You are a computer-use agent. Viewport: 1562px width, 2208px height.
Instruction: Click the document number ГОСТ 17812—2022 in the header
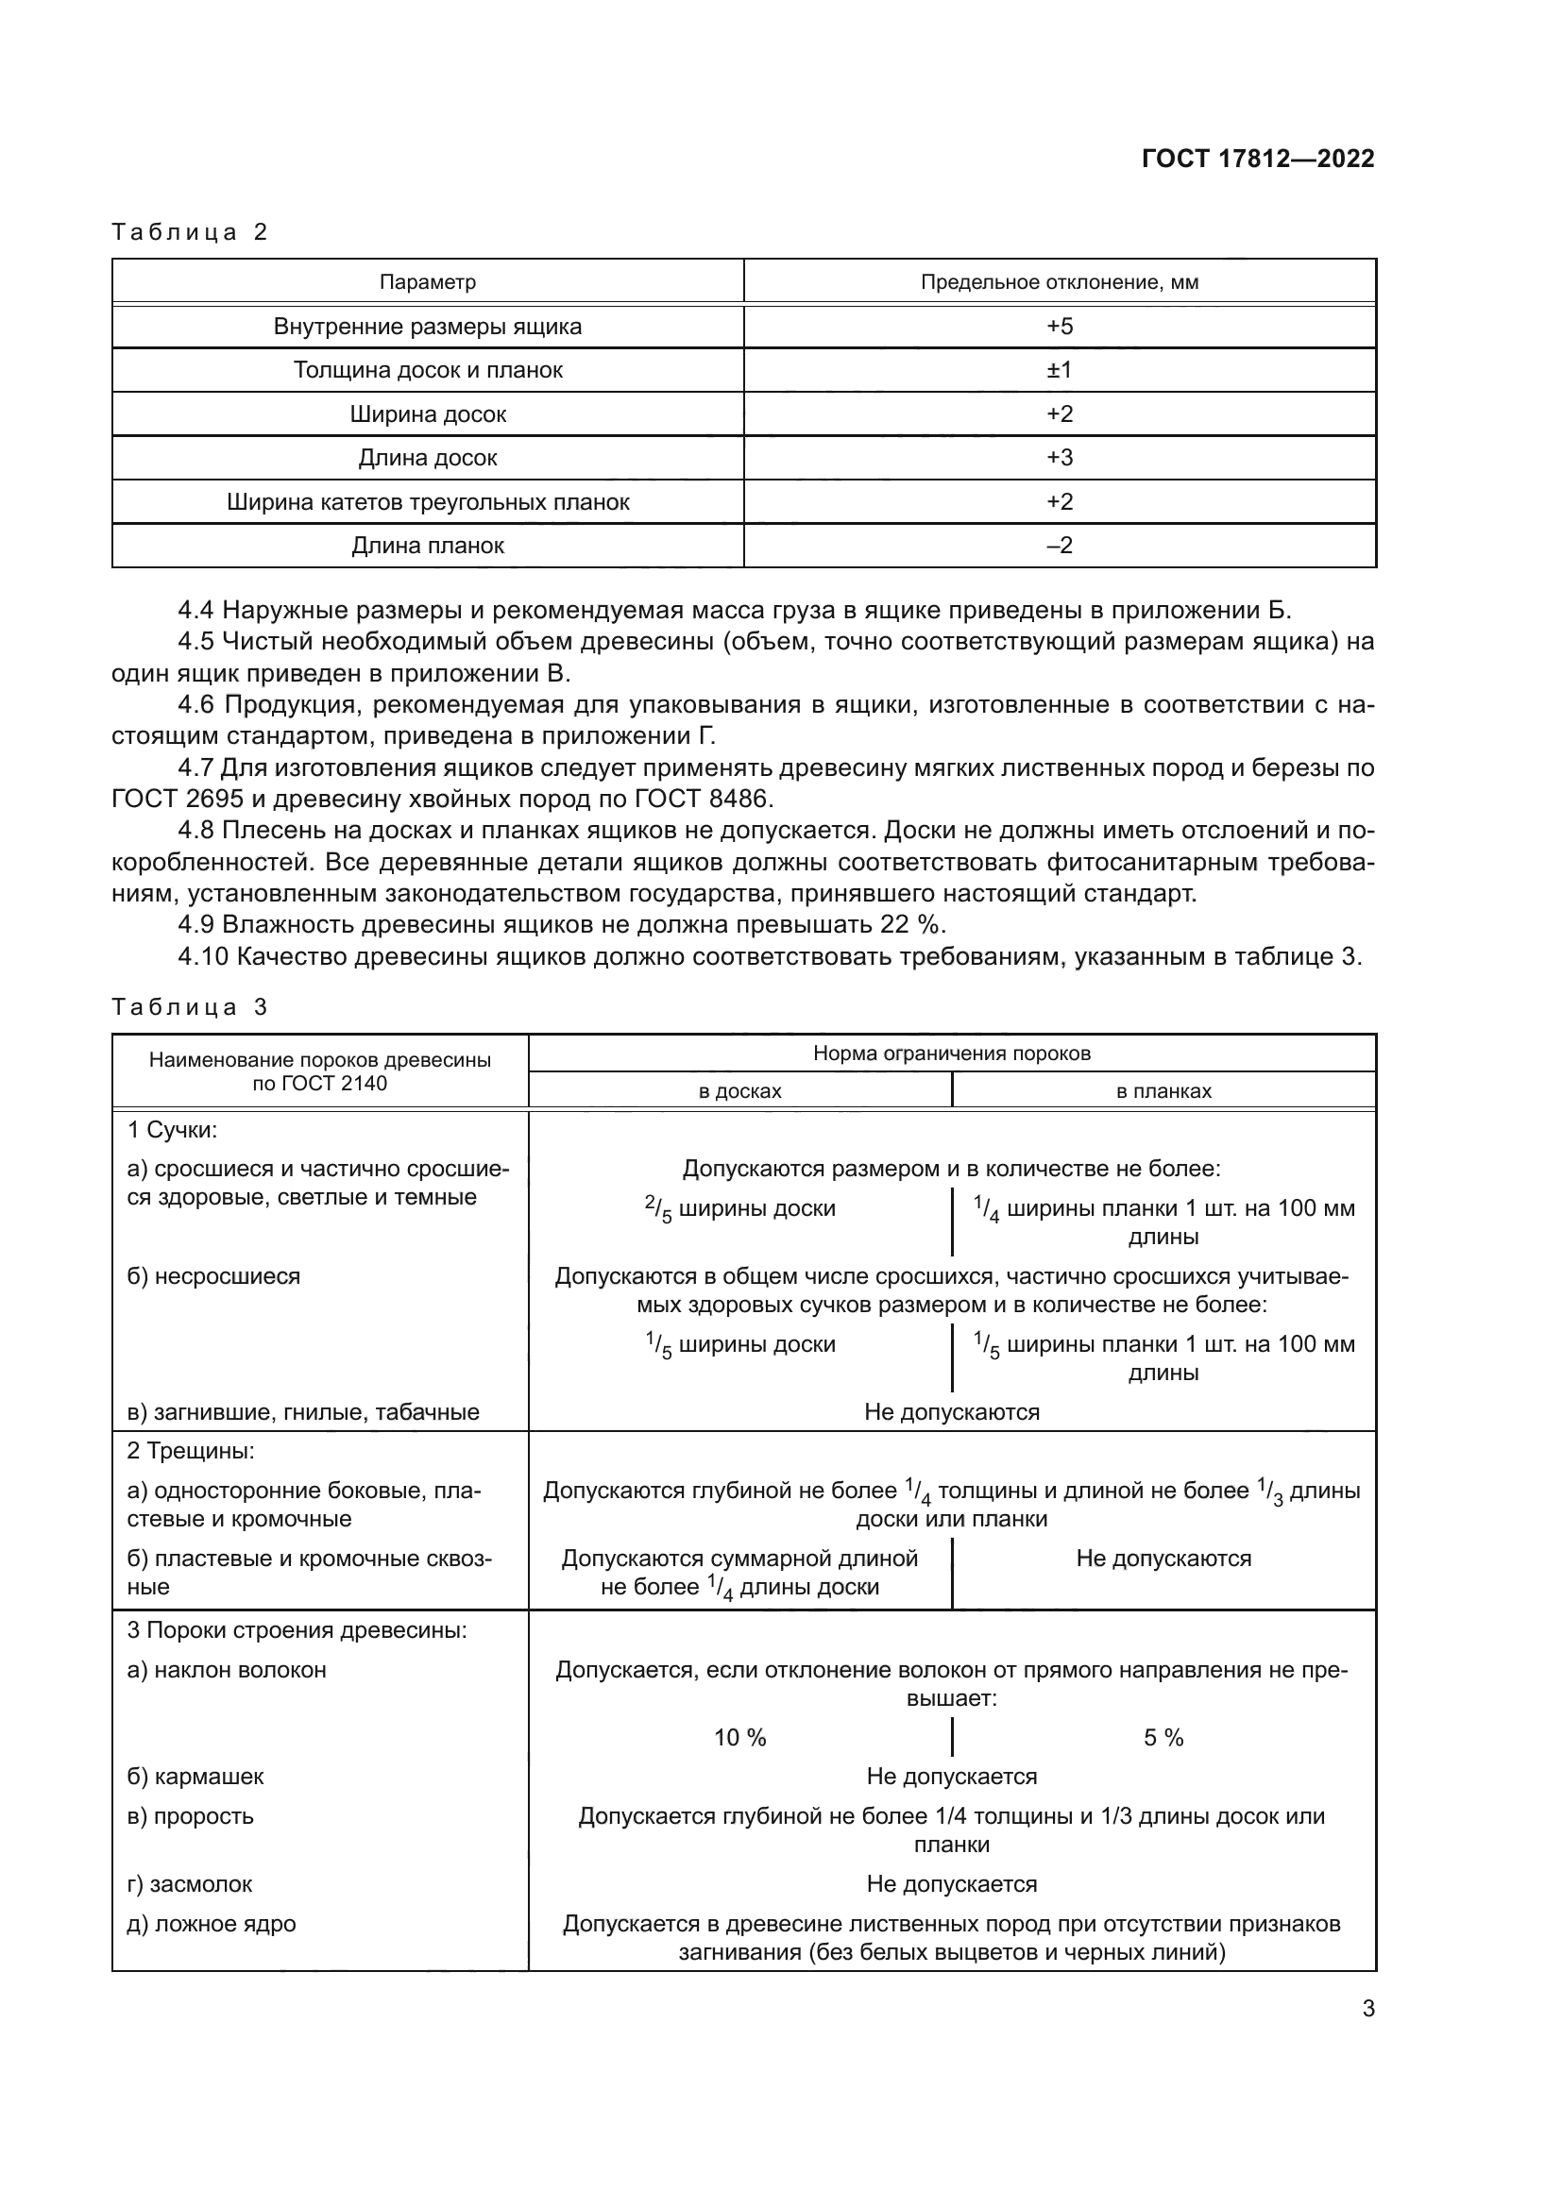(1257, 159)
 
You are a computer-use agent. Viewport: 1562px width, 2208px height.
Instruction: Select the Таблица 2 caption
(190, 232)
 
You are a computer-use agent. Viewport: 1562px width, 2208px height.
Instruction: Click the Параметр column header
(427, 281)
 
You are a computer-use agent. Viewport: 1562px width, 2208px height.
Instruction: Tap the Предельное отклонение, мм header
(1059, 281)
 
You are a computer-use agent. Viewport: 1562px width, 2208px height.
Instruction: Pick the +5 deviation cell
(1059, 326)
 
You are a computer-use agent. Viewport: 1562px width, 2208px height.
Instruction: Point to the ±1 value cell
(1059, 370)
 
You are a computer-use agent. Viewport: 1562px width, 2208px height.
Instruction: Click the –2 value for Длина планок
(1059, 546)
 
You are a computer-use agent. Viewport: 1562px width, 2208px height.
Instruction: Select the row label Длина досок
(427, 458)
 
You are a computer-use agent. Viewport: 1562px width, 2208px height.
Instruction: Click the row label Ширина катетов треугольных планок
(427, 502)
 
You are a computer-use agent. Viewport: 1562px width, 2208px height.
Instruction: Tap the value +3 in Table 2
(1059, 458)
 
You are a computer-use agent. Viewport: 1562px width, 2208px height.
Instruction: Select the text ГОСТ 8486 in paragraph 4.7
(702, 800)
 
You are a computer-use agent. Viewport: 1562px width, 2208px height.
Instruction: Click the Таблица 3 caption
(190, 1007)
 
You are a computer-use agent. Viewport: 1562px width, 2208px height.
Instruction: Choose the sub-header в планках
(1163, 1091)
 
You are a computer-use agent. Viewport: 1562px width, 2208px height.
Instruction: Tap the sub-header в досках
(739, 1091)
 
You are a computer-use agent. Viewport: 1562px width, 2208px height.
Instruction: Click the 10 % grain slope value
(739, 1738)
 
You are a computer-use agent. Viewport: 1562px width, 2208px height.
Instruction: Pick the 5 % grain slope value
(1163, 1738)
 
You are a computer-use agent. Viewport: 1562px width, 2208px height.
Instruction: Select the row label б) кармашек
(195, 1778)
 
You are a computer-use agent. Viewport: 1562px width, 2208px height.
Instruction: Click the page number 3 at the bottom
(1367, 2009)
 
